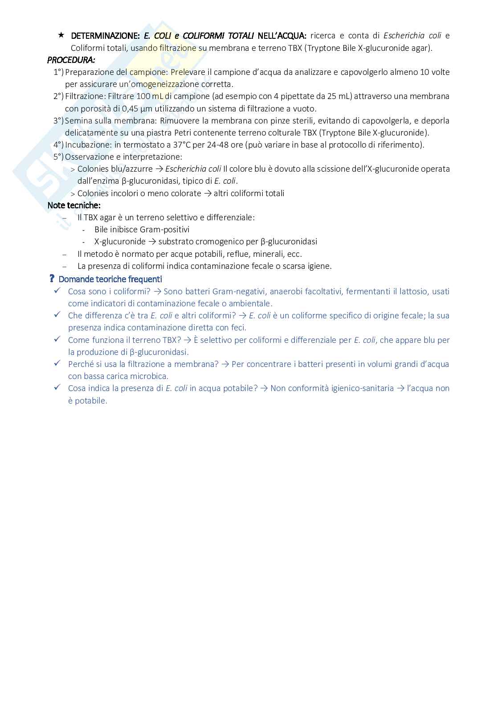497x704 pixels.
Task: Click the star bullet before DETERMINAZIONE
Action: pos(61,35)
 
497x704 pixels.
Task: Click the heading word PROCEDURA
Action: pos(71,60)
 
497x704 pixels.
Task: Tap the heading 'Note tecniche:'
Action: pos(74,205)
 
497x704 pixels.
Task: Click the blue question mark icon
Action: pos(52,279)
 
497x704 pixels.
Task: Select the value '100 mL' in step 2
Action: pos(147,96)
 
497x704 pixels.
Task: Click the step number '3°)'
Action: pos(58,120)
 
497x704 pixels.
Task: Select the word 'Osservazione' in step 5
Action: pos(87,156)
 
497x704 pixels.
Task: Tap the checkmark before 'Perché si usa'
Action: pos(57,363)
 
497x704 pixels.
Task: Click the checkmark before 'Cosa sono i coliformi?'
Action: pos(57,291)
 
